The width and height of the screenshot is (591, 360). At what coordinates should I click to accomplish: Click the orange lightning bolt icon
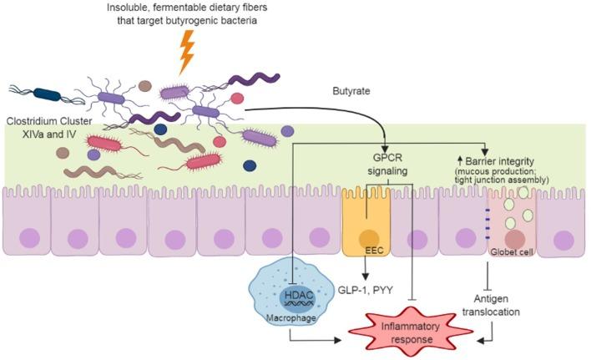(188, 53)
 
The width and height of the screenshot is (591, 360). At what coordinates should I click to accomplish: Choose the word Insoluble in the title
(129, 8)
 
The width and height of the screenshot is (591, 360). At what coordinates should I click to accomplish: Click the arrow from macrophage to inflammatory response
(317, 340)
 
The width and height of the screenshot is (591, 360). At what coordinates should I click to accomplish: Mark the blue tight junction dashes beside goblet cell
(486, 221)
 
